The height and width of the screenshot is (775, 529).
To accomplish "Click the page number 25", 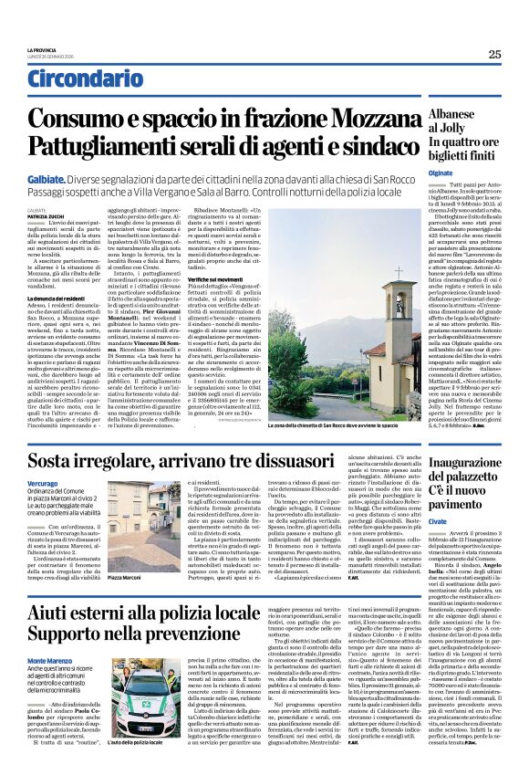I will tap(494, 54).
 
